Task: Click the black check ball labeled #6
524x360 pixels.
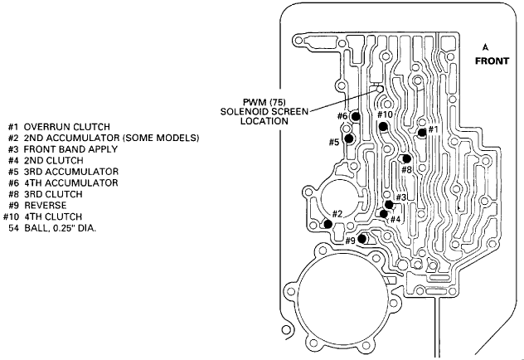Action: tap(356, 117)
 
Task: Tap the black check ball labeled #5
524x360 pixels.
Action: tap(349, 138)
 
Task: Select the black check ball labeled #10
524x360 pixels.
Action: tap(383, 126)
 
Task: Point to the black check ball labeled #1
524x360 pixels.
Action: tap(422, 133)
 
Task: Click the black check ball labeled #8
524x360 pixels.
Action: tap(407, 158)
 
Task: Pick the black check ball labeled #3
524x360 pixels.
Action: tap(389, 205)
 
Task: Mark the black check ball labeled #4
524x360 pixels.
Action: tap(384, 213)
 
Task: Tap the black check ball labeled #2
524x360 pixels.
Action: tap(327, 224)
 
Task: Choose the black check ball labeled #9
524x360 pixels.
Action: tap(361, 239)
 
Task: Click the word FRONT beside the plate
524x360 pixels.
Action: tap(492, 61)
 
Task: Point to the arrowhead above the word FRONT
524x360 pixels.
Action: tap(485, 47)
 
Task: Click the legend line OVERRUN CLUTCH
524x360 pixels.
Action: tap(67, 127)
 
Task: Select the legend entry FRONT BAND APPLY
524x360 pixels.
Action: tap(70, 149)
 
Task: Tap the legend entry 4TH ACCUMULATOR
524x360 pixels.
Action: tap(71, 182)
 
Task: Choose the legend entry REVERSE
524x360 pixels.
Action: tap(46, 205)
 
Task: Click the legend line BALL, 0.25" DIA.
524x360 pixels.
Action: tap(61, 228)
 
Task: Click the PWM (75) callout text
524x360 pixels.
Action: tap(264, 102)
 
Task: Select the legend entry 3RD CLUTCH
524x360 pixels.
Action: tap(53, 194)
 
